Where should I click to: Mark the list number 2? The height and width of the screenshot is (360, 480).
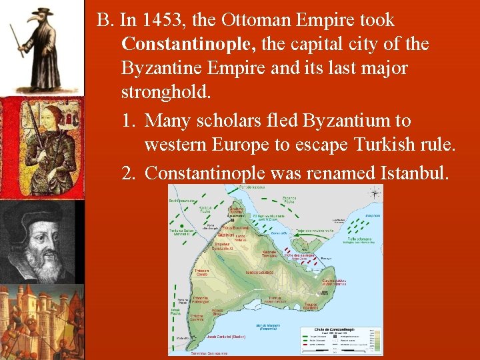click(x=129, y=173)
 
